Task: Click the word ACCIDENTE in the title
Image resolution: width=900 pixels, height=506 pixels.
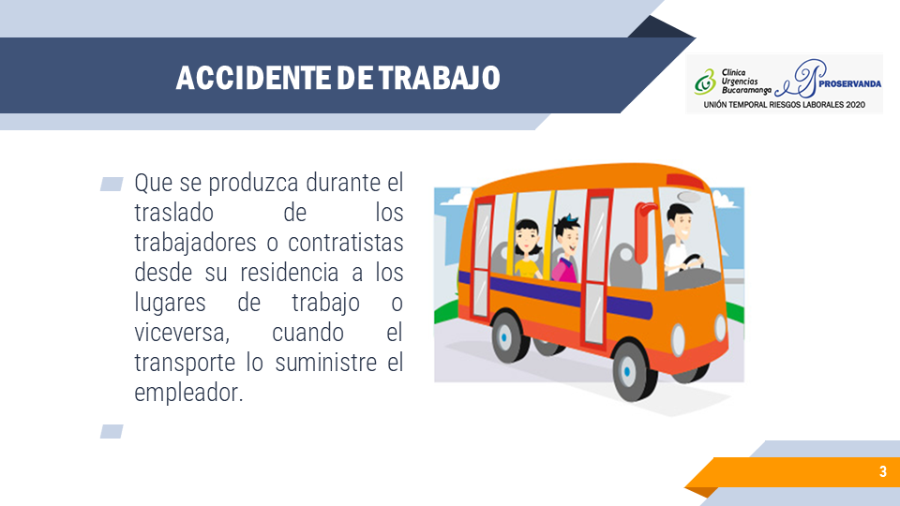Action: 252,78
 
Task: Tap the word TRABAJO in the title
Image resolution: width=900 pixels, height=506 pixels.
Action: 439,78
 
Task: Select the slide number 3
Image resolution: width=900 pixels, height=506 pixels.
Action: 883,471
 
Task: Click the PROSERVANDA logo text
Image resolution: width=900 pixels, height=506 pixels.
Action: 850,83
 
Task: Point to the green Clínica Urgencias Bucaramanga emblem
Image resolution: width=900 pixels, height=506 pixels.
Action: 705,82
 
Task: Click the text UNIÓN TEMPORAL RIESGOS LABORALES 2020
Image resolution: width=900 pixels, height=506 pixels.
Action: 784,105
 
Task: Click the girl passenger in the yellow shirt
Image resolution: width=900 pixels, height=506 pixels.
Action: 527,249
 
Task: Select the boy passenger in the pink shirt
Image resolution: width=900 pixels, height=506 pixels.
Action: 566,249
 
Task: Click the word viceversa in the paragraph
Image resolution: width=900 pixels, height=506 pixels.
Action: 182,333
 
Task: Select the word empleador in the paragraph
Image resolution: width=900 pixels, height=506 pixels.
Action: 188,393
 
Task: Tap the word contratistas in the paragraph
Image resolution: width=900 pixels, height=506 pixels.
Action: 346,243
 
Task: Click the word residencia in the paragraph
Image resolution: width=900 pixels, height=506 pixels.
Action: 290,273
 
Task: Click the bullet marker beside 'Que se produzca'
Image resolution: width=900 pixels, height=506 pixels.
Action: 112,184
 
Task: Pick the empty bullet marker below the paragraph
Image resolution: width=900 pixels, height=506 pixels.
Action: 112,431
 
